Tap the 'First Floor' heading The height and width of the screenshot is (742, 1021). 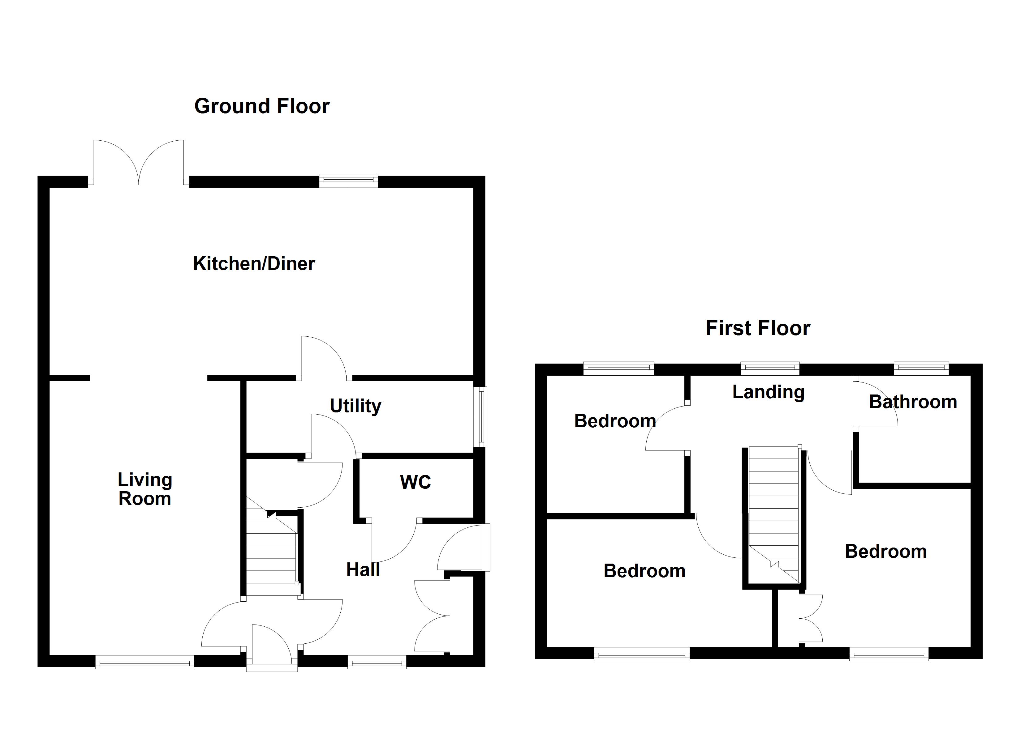[x=758, y=328]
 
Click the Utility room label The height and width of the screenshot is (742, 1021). [x=355, y=406]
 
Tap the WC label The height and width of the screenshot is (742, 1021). [x=415, y=482]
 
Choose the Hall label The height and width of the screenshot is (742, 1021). [x=363, y=570]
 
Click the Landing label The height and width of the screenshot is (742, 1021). [x=768, y=392]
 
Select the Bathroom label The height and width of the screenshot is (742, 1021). [x=913, y=402]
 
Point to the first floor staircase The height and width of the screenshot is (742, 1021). [x=774, y=513]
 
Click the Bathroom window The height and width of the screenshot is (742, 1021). [x=921, y=369]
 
